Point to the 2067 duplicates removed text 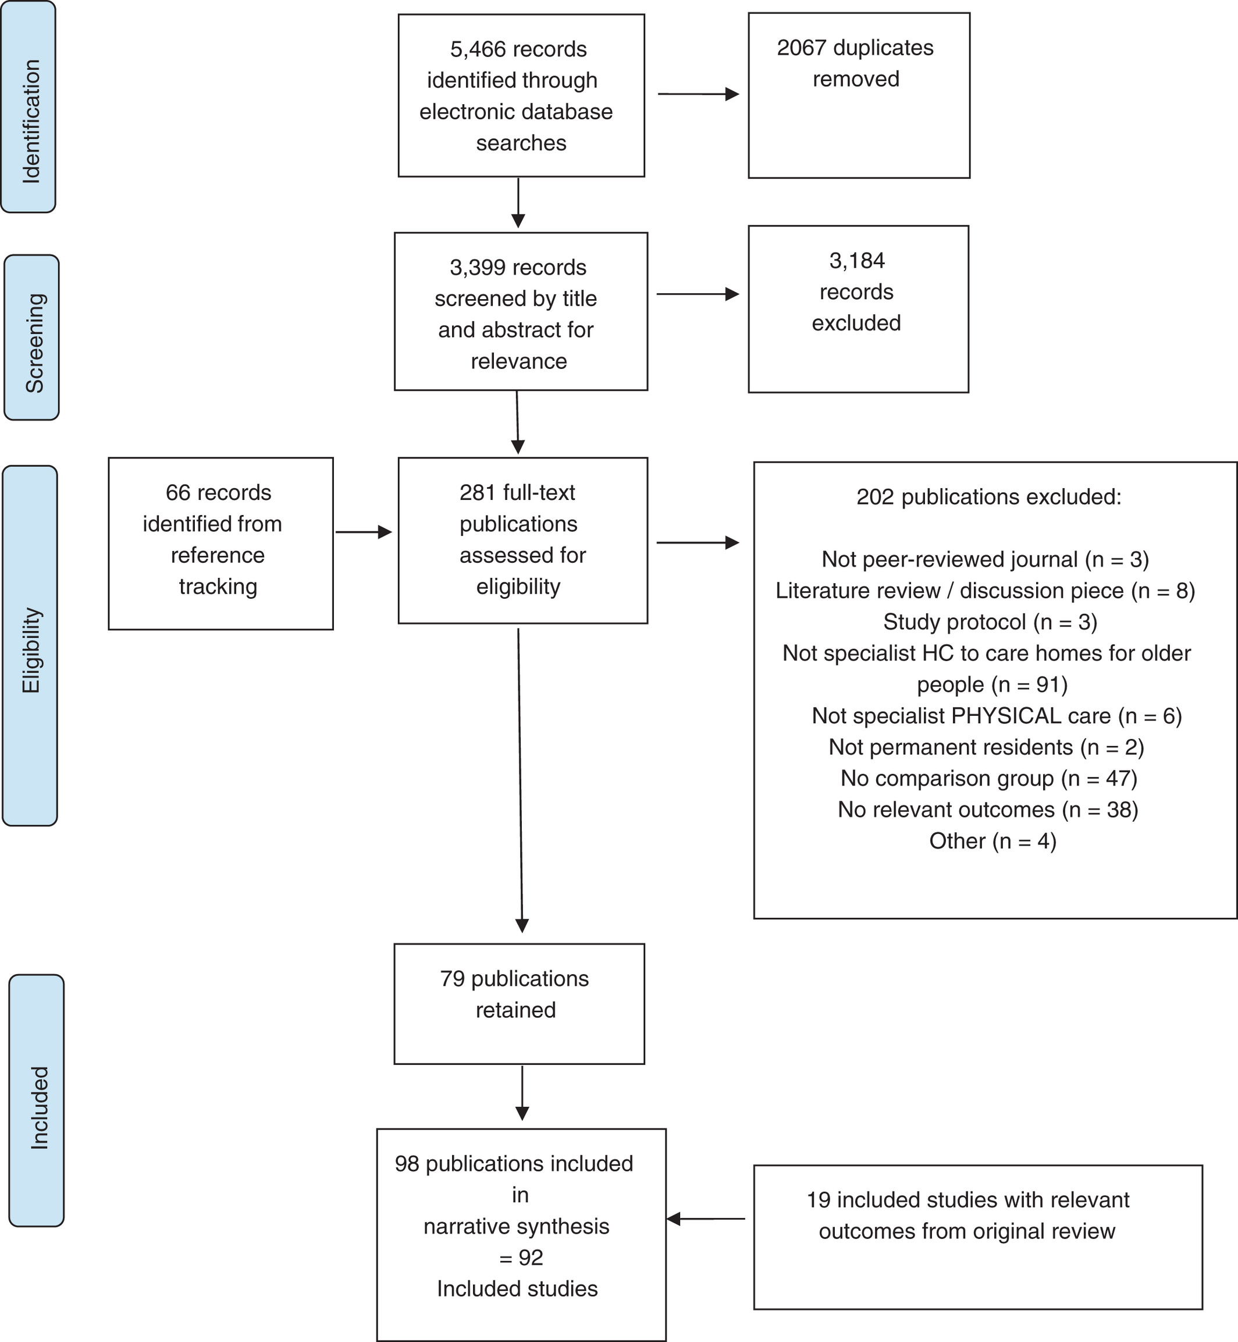(x=855, y=63)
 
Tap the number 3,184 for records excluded (x=857, y=261)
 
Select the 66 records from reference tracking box (x=220, y=544)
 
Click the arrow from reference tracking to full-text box (x=364, y=532)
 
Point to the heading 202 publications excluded (x=989, y=496)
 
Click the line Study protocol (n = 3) (x=990, y=622)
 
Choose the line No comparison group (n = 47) (x=989, y=778)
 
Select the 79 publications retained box (x=519, y=1004)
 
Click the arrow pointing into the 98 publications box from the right (x=706, y=1219)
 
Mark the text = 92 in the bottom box (x=521, y=1258)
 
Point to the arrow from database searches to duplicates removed (x=699, y=94)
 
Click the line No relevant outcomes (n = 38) (x=988, y=810)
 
